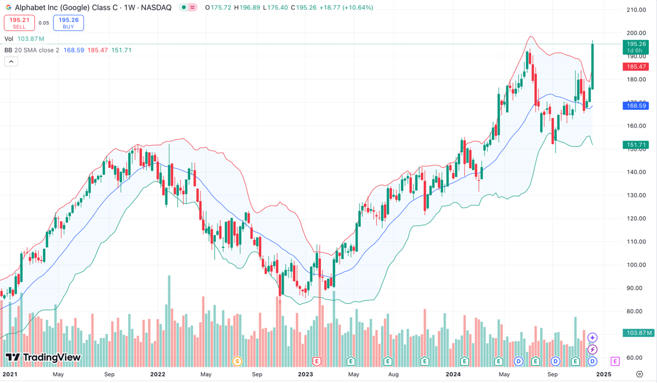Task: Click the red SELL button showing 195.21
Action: [19, 23]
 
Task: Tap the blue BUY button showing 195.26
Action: [69, 23]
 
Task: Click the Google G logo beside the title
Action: [9, 8]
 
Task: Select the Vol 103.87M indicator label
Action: [24, 39]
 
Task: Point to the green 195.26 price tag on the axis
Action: [636, 44]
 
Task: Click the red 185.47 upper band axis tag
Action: [636, 67]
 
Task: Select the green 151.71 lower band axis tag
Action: [636, 145]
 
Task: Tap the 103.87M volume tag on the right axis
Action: [638, 333]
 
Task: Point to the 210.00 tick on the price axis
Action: [636, 10]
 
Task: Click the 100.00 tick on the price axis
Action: [636, 265]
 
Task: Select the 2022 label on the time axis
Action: [157, 374]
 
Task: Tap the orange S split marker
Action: [237, 361]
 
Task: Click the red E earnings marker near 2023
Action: [316, 361]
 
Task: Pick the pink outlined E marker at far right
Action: [615, 361]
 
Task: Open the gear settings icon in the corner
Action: [640, 374]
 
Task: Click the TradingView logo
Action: [43, 358]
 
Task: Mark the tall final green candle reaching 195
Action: [592, 66]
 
